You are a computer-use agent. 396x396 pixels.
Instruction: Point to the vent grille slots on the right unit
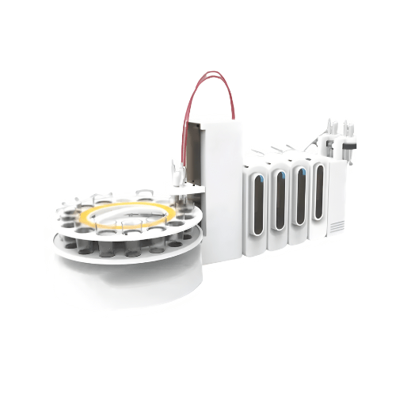coord(337,227)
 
